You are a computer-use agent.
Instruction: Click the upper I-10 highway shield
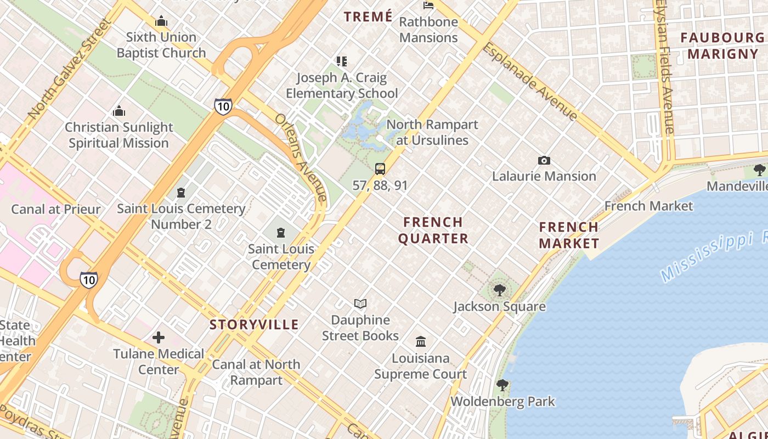pos(223,106)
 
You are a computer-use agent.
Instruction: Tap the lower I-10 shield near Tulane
pos(88,279)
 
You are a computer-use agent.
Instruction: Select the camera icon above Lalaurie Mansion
pos(544,160)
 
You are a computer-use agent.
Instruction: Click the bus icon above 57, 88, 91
pos(380,169)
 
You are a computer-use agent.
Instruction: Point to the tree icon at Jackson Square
pos(499,290)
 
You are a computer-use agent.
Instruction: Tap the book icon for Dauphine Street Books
pos(360,303)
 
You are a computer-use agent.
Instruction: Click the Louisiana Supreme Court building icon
pos(421,342)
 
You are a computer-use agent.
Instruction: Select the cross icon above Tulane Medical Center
pos(159,337)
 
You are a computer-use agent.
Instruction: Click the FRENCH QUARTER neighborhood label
pos(433,230)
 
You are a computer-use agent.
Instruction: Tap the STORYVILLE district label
pos(254,324)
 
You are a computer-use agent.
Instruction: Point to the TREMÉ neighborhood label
pos(368,16)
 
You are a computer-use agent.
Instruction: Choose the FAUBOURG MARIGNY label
pos(722,46)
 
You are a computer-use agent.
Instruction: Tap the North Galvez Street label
pos(69,69)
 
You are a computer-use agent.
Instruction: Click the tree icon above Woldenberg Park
pos(502,385)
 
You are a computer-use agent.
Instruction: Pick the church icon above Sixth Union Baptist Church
pos(161,21)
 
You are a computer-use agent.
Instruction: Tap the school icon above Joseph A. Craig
pos(342,61)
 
